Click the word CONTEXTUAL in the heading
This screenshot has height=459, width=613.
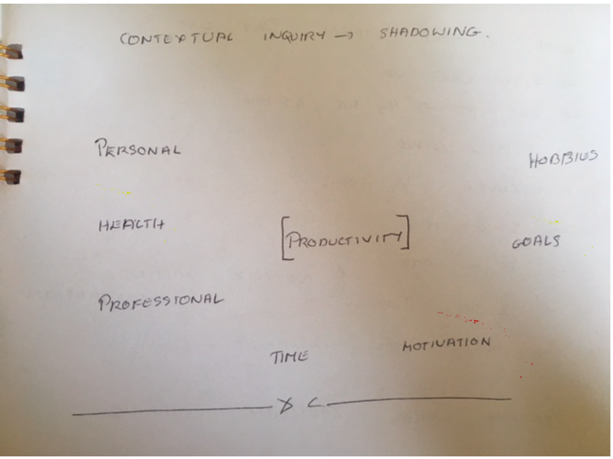[x=176, y=39]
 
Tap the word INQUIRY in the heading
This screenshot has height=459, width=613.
[x=295, y=36]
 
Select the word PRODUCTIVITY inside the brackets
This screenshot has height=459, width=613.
[x=344, y=239]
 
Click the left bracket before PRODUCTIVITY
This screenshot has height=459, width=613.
[x=284, y=239]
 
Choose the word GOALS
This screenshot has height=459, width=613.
[x=536, y=242]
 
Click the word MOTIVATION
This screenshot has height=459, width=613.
[x=446, y=344]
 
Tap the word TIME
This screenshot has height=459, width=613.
[x=289, y=357]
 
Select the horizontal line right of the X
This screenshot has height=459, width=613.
[x=417, y=400]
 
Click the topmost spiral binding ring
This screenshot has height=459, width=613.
[x=13, y=51]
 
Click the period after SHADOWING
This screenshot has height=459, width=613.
[x=488, y=37]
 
